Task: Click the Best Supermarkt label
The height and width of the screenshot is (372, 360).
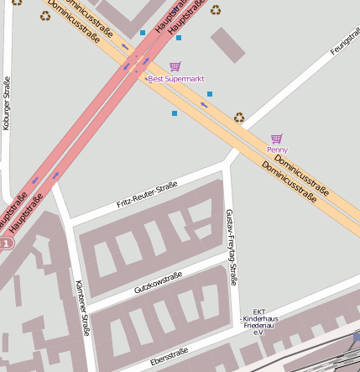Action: (176, 79)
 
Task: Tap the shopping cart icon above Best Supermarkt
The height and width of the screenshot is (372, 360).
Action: (175, 66)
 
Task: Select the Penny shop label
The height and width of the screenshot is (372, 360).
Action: (277, 149)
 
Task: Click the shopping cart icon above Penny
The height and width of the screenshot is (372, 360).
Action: (277, 139)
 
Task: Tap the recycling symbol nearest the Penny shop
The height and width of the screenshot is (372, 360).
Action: (239, 118)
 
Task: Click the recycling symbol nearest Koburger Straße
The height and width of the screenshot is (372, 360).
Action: (44, 14)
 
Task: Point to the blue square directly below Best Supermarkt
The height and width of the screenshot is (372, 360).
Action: (175, 113)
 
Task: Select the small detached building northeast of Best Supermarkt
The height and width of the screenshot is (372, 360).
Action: (227, 44)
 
